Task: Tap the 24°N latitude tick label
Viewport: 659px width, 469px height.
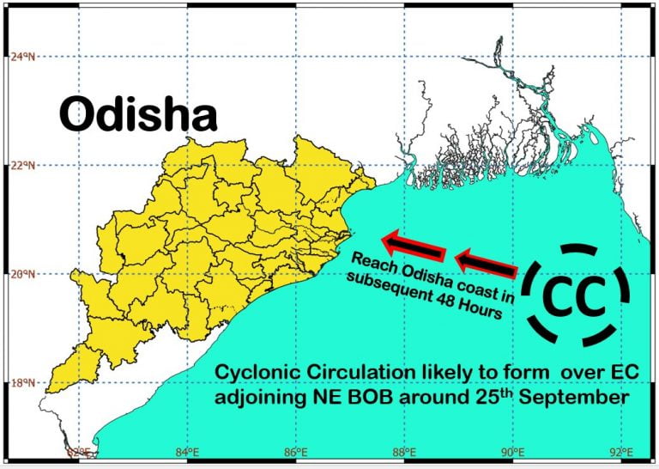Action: coord(23,57)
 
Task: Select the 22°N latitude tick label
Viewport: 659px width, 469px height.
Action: coord(23,165)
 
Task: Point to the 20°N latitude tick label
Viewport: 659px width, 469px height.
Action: coord(23,274)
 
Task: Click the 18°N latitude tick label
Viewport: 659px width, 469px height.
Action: coord(23,383)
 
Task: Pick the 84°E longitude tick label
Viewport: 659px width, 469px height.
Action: coord(187,452)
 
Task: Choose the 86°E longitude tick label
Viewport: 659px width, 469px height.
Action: coord(296,452)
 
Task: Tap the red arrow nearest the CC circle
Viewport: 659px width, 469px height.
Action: coord(487,264)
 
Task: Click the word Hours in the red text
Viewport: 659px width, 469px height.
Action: coord(479,311)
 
